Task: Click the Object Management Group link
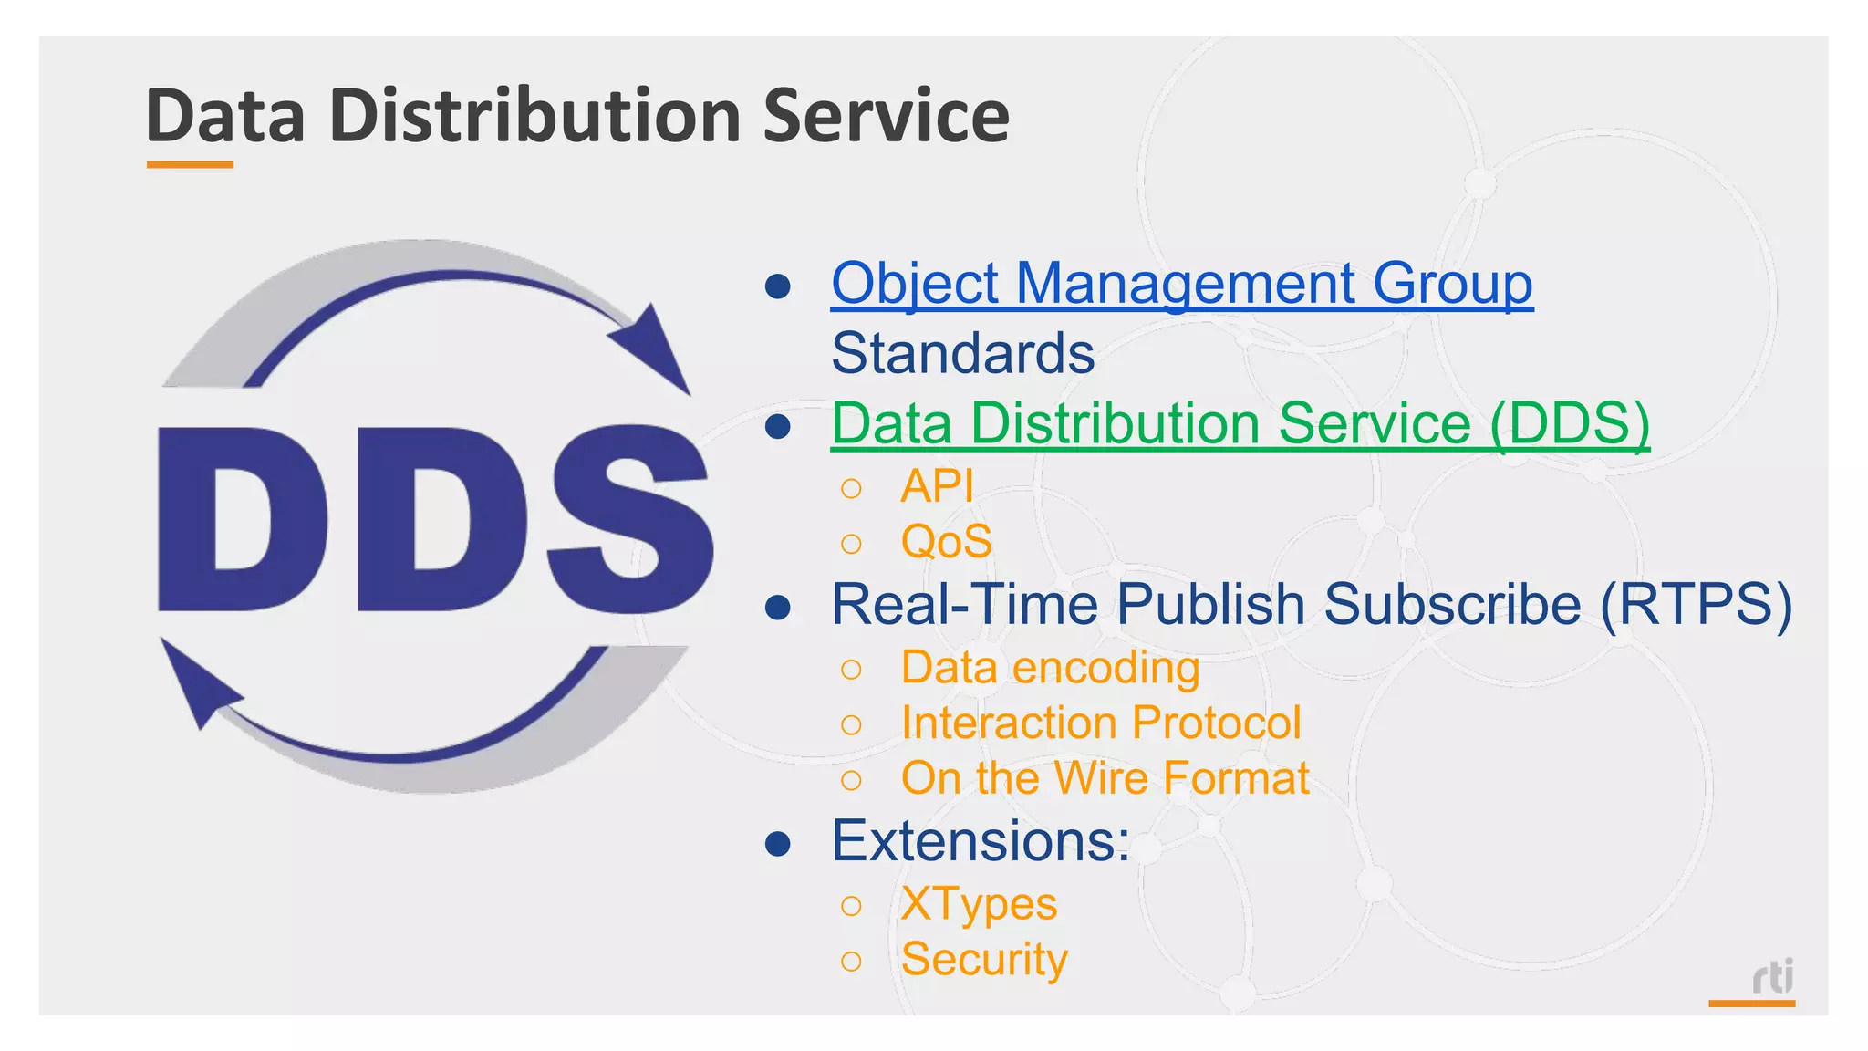click(1181, 284)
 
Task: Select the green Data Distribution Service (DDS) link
click(1240, 424)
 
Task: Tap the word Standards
click(962, 354)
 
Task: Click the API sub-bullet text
click(937, 486)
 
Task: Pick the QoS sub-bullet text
click(946, 542)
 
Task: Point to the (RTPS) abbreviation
click(1696, 606)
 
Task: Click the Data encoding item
click(1050, 668)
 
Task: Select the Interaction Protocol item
click(1100, 723)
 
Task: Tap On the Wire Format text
click(1105, 779)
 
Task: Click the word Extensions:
click(981, 841)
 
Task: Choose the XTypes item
click(979, 905)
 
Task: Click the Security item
click(983, 960)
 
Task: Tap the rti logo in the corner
click(1772, 978)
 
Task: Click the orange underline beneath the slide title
click(190, 165)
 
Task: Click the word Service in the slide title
click(886, 117)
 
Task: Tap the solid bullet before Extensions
click(778, 844)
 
